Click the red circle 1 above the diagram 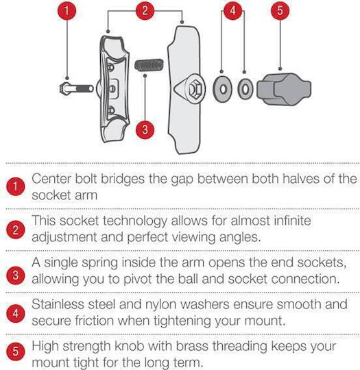[67, 10]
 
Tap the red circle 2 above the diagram [145, 10]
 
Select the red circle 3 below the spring [145, 129]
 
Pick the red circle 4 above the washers [232, 10]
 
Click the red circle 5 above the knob [280, 10]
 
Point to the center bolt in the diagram [76, 88]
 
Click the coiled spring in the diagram [149, 64]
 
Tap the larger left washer [222, 89]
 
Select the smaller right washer [245, 89]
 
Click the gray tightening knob [284, 89]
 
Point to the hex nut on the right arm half [195, 90]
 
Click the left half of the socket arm [113, 88]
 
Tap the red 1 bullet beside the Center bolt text [16, 186]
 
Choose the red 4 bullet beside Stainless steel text [16, 313]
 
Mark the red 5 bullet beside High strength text [16, 351]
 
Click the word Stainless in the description [58, 304]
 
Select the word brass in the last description [192, 346]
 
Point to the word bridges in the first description [123, 180]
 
